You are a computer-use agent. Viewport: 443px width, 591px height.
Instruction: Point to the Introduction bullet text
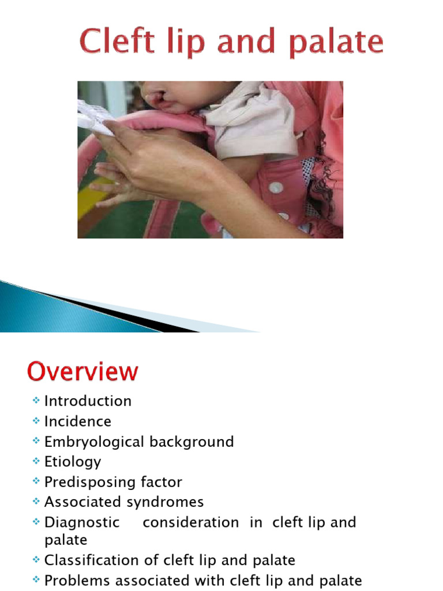click(x=88, y=401)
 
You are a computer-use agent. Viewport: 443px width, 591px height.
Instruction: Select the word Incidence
click(x=78, y=421)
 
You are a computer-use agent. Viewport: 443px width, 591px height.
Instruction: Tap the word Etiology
click(x=73, y=462)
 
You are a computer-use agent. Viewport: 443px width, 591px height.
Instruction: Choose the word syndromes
click(x=168, y=502)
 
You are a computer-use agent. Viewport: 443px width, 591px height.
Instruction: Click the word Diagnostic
click(x=82, y=522)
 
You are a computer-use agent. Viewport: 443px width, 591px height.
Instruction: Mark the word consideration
click(x=190, y=522)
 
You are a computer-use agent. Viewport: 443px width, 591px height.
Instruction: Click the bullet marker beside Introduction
click(x=36, y=401)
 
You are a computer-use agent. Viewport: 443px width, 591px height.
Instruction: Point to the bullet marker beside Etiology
click(x=36, y=462)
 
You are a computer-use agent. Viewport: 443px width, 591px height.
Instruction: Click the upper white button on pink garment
click(x=277, y=188)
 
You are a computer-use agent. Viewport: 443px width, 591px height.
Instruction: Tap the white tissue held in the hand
click(x=95, y=118)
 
